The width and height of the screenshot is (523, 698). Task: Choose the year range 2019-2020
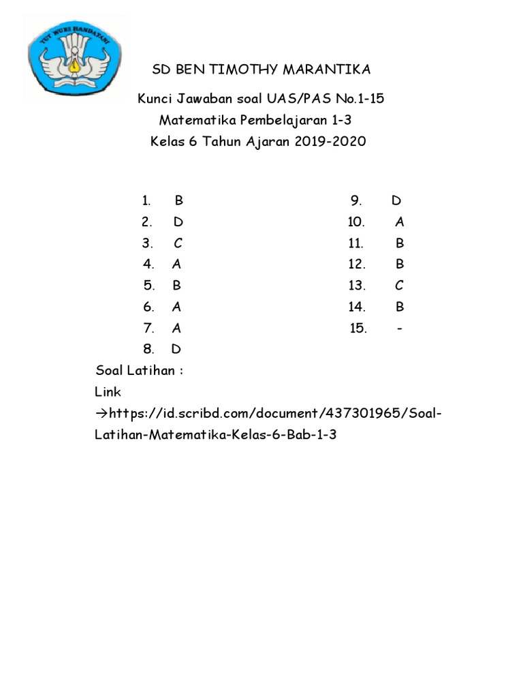point(328,142)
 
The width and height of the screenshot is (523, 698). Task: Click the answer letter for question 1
point(179,200)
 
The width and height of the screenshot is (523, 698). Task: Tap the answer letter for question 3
point(178,243)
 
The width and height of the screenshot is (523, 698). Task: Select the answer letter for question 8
point(176,350)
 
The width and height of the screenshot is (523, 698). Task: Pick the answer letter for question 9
point(396,200)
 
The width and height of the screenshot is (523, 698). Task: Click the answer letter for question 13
point(399,286)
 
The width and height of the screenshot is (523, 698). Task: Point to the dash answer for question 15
point(399,329)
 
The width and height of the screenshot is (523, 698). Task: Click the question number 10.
point(356,222)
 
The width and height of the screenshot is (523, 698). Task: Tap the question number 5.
point(149,286)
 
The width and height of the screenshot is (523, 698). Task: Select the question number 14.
point(357,307)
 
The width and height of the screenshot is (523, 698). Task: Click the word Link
point(108,392)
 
